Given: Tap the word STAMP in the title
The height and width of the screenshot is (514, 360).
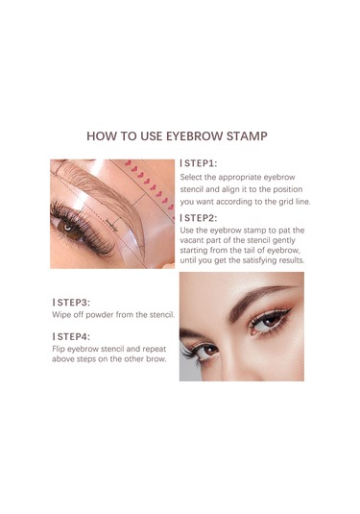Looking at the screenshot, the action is [247, 136].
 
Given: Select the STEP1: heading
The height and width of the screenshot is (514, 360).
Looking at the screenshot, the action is [199, 163].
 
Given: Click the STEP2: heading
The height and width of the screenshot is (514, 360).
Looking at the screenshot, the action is [199, 218].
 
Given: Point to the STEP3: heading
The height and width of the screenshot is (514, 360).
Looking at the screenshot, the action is [71, 303].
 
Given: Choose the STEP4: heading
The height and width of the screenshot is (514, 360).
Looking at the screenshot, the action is [71, 336].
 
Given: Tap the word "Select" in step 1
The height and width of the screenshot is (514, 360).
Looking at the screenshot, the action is [191, 178].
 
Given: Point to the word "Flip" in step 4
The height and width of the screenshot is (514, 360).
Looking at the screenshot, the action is [59, 349].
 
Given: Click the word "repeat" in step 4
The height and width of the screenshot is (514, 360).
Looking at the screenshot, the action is [154, 349].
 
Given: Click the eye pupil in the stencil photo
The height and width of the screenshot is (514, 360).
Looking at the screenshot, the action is [68, 227].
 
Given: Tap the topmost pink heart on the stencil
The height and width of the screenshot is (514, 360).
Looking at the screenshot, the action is [128, 162].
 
